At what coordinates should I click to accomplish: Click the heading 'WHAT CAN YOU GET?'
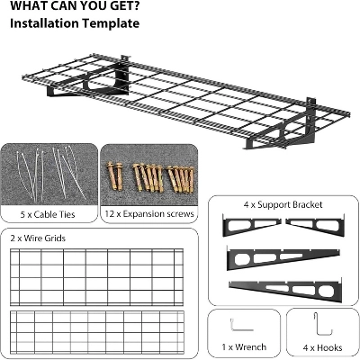click(75, 6)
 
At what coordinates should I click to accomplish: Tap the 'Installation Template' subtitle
click(75, 23)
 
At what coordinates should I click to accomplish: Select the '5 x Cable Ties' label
click(48, 214)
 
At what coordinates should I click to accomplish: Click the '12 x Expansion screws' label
click(149, 214)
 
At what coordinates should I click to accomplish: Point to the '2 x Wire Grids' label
click(38, 238)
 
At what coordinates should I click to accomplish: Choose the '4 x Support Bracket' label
click(283, 204)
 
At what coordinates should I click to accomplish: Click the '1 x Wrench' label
click(244, 347)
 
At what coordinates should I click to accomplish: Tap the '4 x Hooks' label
click(322, 347)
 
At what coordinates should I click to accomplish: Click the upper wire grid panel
click(96, 273)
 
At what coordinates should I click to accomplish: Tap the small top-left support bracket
click(251, 224)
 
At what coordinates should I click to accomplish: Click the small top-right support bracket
click(315, 224)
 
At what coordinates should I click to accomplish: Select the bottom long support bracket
click(285, 291)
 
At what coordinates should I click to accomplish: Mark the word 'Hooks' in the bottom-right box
click(329, 347)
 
